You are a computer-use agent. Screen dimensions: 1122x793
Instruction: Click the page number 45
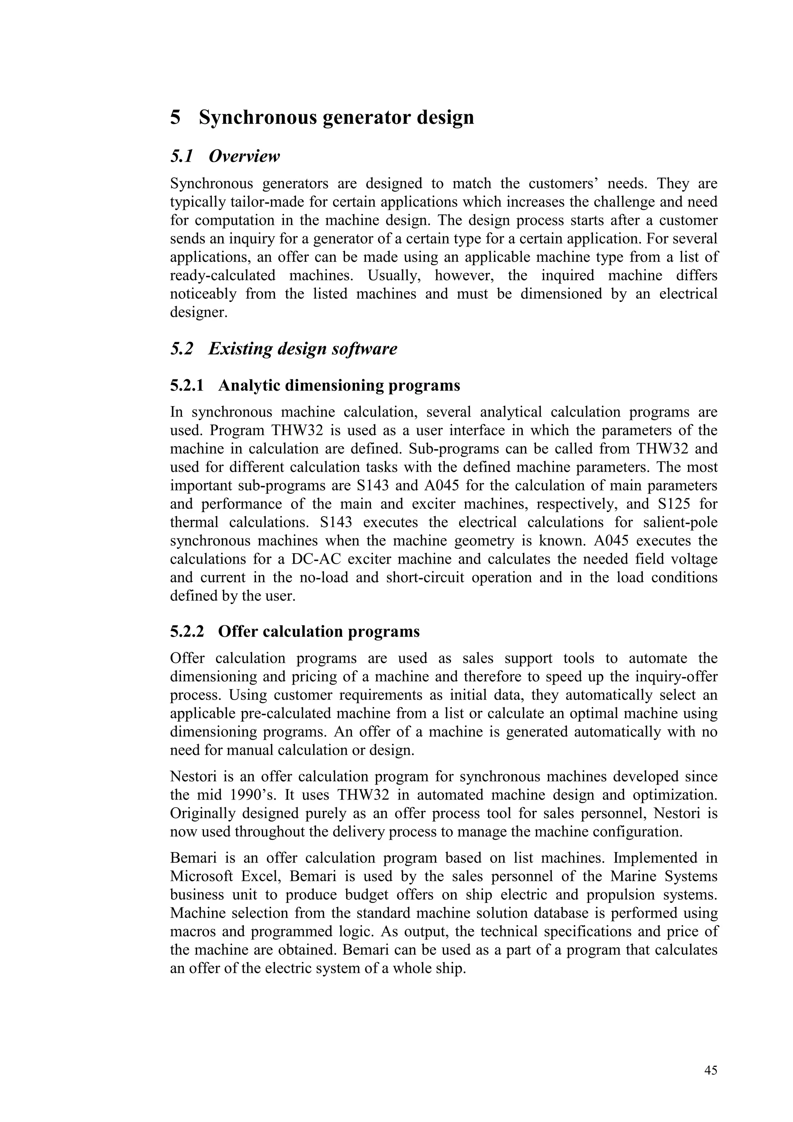click(711, 1070)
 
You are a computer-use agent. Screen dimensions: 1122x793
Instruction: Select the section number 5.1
click(182, 156)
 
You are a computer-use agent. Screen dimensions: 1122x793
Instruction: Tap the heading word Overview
click(244, 156)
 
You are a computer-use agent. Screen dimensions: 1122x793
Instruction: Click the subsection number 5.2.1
click(187, 386)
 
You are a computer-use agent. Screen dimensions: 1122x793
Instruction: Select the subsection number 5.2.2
click(187, 631)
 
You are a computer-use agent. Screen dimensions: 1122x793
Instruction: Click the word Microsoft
click(201, 876)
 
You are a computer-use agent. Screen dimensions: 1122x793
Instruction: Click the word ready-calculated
click(222, 276)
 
